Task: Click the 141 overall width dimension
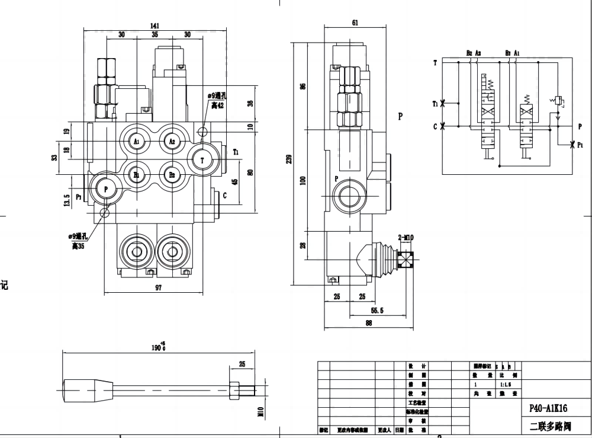(155, 25)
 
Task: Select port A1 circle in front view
(136, 141)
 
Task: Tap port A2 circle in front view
(172, 141)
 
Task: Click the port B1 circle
(136, 175)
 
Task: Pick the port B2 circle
(172, 175)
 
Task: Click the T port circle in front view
(203, 159)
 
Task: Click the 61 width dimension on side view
(355, 23)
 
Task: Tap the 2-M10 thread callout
(406, 238)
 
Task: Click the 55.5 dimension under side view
(377, 310)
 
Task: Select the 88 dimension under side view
(368, 323)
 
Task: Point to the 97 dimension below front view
(158, 287)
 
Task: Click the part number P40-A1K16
(549, 408)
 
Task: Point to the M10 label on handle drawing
(260, 411)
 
